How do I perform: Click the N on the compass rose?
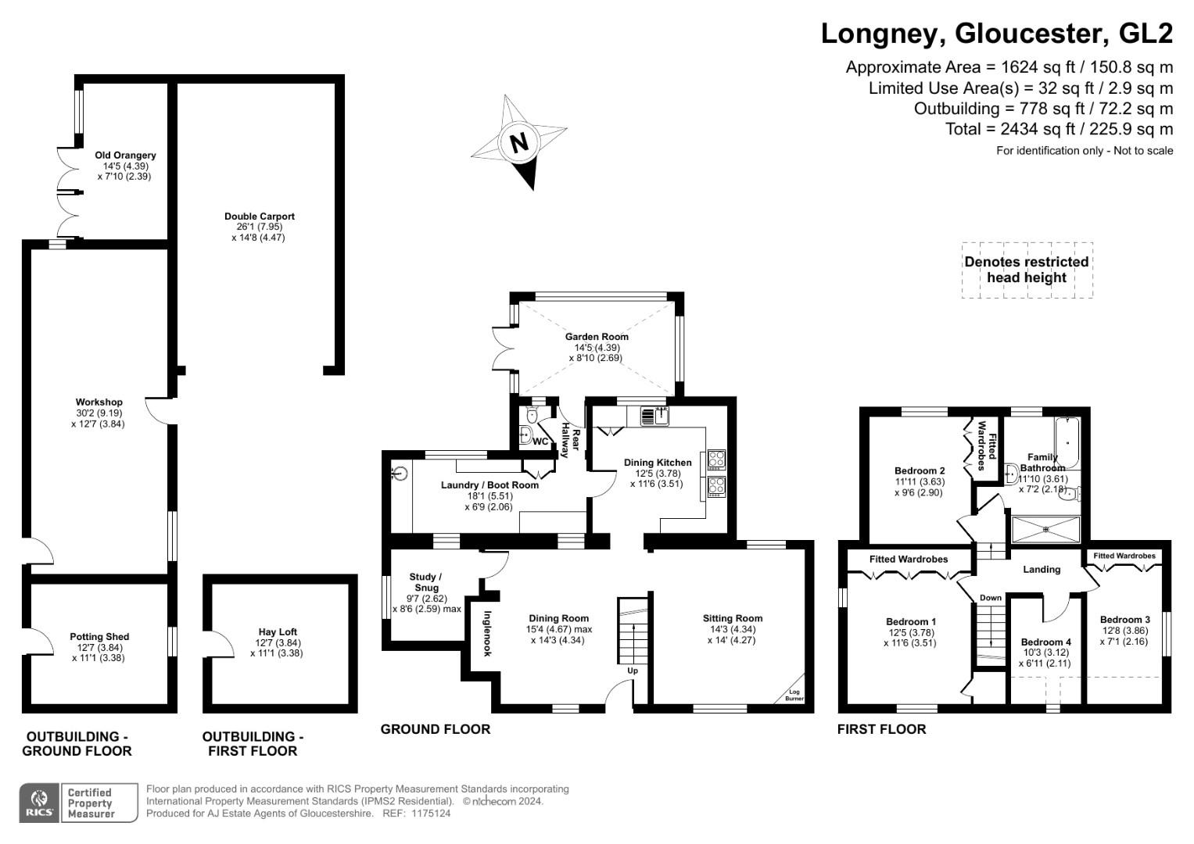519,143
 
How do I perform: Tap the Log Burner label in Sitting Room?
794,695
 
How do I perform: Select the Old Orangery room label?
125,155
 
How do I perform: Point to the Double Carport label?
260,216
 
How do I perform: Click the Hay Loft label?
277,632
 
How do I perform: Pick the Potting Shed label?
99,637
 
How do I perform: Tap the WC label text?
540,442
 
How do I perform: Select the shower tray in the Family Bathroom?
1045,530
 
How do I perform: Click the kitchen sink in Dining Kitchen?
654,417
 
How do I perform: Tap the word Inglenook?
486,633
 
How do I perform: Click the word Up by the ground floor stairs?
632,671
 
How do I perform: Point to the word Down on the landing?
991,598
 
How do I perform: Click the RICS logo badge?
39,803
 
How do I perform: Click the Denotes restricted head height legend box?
1027,270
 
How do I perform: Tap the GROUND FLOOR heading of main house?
435,729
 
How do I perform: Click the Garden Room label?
597,337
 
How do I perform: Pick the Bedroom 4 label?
1045,642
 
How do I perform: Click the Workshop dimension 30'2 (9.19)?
99,413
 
